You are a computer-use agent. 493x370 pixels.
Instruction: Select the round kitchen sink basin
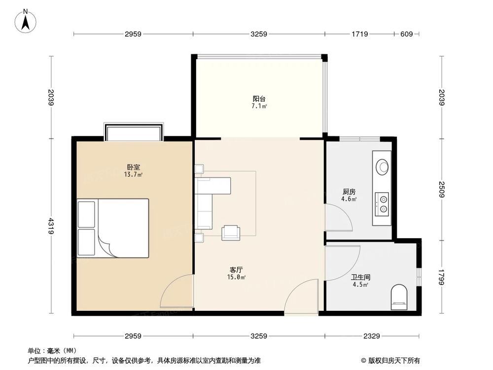click(383, 166)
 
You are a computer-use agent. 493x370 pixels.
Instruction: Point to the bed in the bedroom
click(113, 228)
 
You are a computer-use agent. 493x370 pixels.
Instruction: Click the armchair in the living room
click(230, 233)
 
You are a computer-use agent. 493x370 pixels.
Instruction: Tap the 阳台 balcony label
click(259, 99)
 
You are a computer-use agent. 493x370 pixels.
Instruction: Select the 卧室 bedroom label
click(133, 167)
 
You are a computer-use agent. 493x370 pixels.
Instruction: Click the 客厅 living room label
click(236, 270)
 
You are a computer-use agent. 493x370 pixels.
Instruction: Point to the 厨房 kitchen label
click(349, 191)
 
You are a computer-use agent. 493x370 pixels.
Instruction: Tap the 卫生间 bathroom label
click(360, 277)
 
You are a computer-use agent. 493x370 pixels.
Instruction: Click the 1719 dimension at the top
click(360, 34)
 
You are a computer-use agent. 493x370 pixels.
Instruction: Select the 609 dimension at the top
click(407, 34)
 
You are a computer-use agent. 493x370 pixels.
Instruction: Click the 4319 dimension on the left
click(51, 226)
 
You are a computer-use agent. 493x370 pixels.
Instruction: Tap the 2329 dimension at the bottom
click(372, 336)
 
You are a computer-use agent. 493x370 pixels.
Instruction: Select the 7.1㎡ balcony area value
click(259, 106)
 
